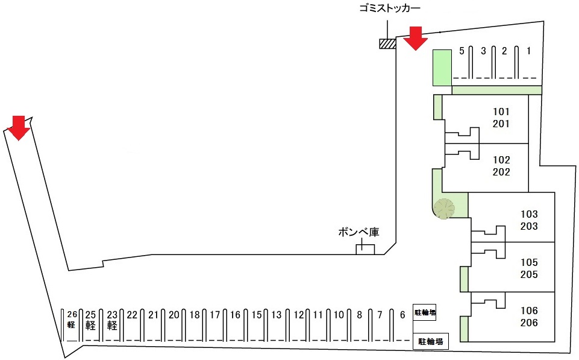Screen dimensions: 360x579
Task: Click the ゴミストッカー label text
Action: point(389,8)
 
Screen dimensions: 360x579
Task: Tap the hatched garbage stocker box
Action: point(387,43)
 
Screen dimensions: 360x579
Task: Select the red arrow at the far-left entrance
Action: point(19,127)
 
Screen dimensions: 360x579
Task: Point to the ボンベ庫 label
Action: point(358,232)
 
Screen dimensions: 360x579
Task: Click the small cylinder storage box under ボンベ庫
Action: point(365,248)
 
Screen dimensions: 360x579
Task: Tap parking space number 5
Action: point(462,51)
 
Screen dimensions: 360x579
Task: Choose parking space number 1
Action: point(528,51)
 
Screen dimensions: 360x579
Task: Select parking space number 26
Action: point(72,314)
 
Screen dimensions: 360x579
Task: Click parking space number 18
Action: point(195,315)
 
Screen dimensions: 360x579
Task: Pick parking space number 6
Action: point(402,315)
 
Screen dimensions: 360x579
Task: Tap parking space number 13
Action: point(277,315)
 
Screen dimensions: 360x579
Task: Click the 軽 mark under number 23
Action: point(112,326)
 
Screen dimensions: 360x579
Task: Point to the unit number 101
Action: point(501,112)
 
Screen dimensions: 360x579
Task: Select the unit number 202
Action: point(501,172)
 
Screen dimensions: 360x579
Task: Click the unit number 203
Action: point(529,226)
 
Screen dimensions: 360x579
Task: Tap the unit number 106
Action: point(529,311)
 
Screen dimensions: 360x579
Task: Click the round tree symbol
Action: point(445,209)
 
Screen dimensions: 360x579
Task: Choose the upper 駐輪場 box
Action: point(424,312)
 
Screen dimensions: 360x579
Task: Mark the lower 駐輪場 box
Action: point(431,342)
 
